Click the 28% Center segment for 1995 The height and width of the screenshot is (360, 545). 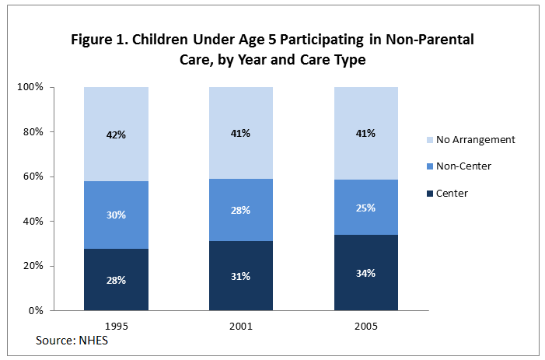(x=116, y=279)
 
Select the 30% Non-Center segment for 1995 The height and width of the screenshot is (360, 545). (x=116, y=215)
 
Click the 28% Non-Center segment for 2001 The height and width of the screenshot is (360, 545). (x=240, y=210)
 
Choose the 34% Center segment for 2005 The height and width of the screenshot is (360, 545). (x=365, y=272)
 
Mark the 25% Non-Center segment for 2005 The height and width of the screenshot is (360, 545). (x=365, y=208)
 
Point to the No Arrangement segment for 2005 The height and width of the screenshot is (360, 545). (x=365, y=133)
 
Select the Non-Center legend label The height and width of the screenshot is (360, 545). (x=464, y=166)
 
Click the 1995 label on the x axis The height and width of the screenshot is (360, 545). (x=116, y=327)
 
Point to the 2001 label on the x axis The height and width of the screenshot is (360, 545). (x=240, y=327)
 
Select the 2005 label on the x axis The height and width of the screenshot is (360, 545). (x=365, y=327)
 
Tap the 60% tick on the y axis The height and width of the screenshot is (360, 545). (x=33, y=177)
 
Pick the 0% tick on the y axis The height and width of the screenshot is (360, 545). (x=36, y=311)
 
